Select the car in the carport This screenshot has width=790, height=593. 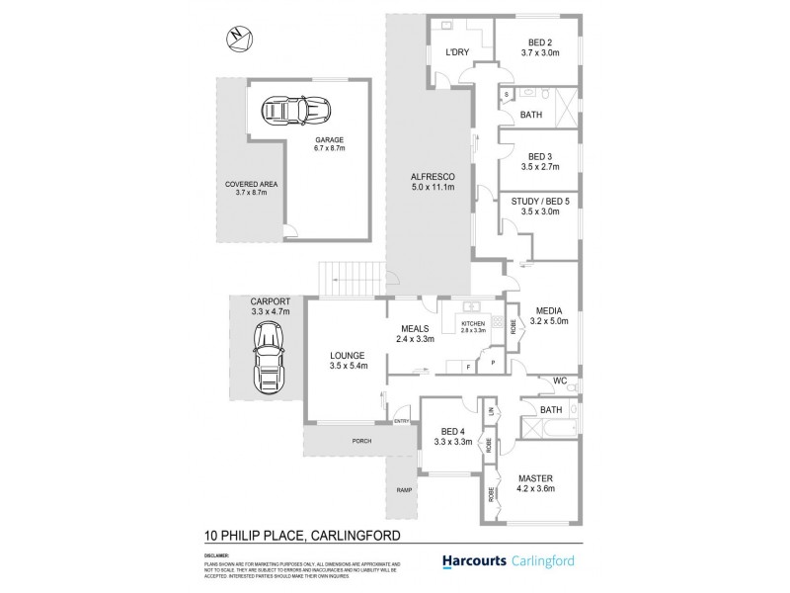point(267,361)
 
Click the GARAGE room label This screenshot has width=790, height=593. point(330,140)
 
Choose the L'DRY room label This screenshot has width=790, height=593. point(456,51)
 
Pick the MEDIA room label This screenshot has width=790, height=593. point(550,309)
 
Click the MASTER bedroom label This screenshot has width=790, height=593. point(537,478)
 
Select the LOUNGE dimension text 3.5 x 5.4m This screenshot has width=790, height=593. point(349,367)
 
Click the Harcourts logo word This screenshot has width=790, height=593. point(469,560)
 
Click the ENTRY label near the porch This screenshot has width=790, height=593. point(402,422)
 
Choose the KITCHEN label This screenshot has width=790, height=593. point(472,322)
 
